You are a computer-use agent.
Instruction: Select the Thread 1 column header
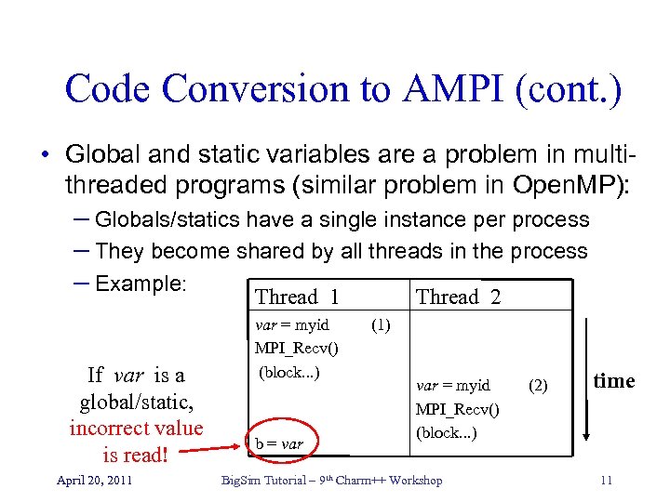coord(297,297)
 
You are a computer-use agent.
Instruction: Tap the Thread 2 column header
coord(458,297)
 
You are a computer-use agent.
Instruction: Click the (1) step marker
coord(380,326)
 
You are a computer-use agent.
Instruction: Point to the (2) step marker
coord(538,383)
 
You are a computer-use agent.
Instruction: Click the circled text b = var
coord(280,443)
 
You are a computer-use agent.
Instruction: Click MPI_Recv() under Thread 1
coord(296,349)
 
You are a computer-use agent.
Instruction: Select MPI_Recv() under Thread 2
coord(457,409)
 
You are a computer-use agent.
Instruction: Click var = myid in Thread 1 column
coord(292,326)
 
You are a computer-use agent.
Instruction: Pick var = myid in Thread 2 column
coord(453,386)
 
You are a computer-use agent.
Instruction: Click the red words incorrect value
coord(136,429)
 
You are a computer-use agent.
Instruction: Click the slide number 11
coord(606,481)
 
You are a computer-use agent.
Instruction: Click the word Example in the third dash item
coord(141,283)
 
